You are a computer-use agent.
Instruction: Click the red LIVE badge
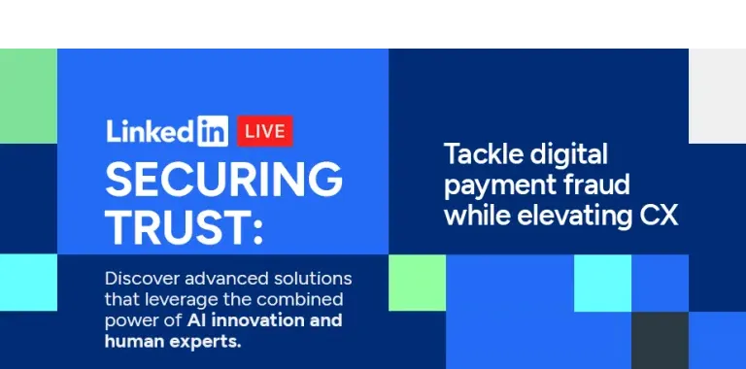point(264,129)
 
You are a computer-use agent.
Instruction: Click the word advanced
point(222,278)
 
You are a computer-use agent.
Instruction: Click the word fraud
point(593,184)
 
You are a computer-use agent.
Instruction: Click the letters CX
point(658,216)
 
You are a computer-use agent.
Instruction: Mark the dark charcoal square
point(660,340)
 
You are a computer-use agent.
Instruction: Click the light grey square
point(717,95)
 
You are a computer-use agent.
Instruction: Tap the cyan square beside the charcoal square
point(602,283)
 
